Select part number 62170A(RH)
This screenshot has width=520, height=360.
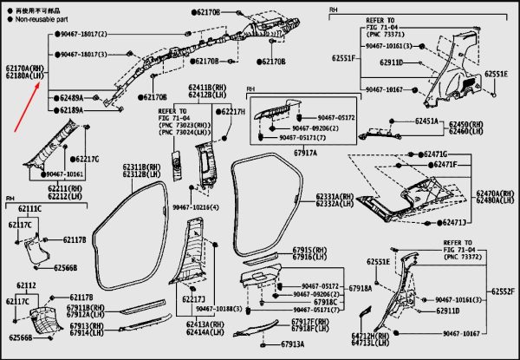pos(23,67)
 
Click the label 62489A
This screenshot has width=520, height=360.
pos(72,98)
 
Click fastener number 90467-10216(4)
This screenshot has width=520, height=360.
pos(195,208)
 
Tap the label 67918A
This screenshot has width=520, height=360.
pos(360,287)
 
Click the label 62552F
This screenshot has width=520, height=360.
pos(504,291)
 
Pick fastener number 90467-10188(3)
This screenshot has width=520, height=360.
pos(218,308)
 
